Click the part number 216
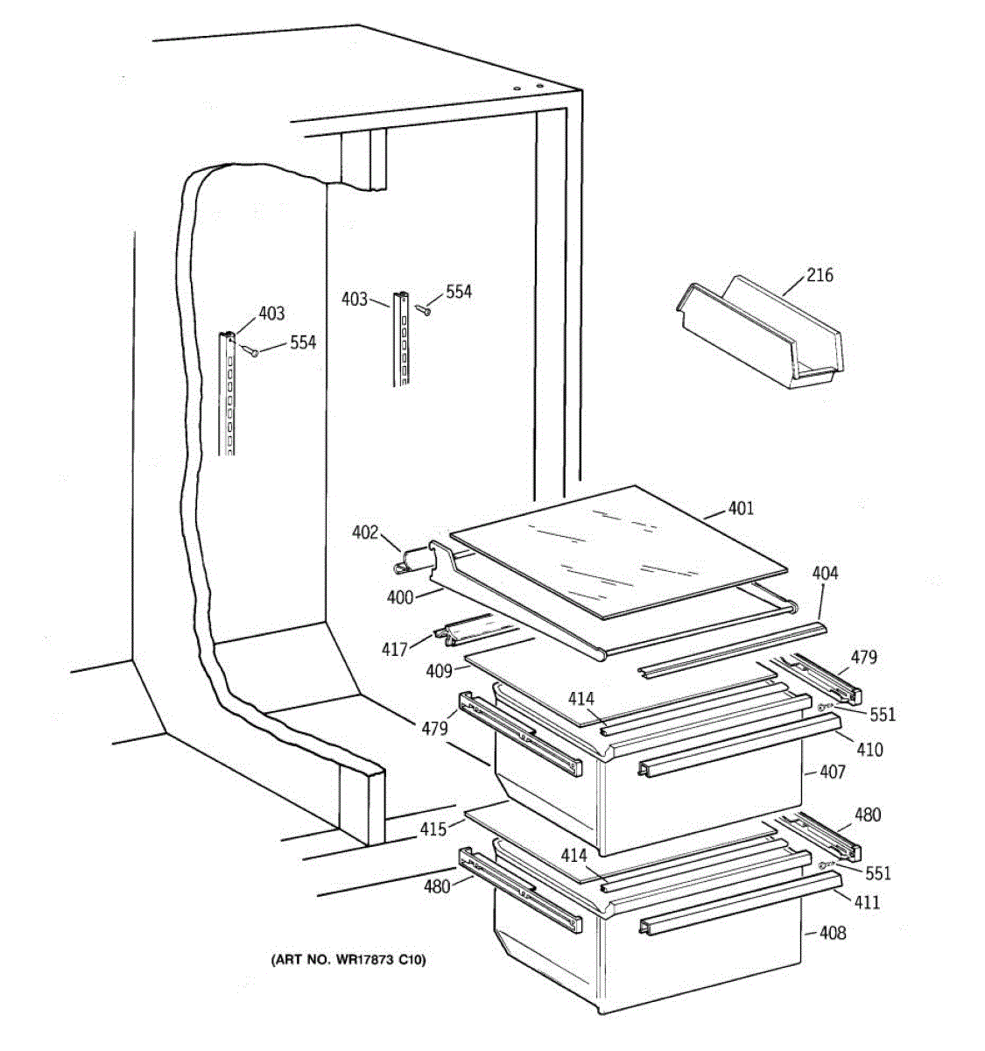tap(820, 275)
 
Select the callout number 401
tap(741, 508)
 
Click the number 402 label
tap(365, 532)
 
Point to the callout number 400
tap(399, 597)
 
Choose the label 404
tap(825, 573)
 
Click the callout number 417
tap(394, 649)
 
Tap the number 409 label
tap(439, 671)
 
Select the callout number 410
tap(870, 750)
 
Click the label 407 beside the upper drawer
tap(833, 772)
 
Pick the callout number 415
tap(433, 829)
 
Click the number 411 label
tap(867, 902)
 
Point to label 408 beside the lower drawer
tap(833, 933)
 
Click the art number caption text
tap(348, 959)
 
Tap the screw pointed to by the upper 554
tap(423, 309)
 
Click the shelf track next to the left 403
tap(227, 393)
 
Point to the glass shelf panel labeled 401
tap(618, 552)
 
